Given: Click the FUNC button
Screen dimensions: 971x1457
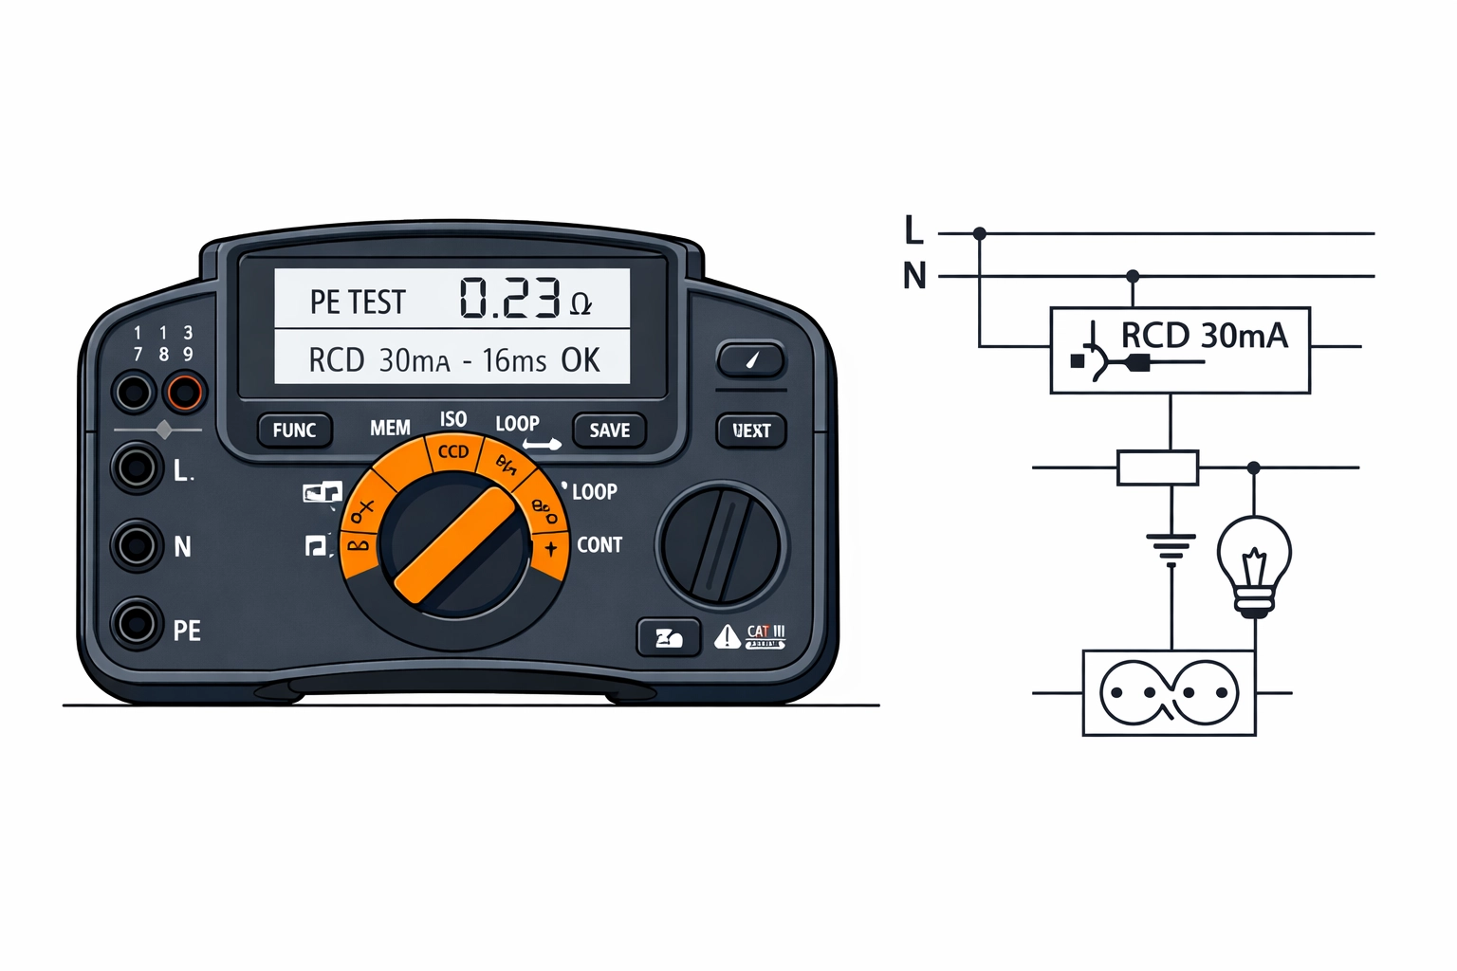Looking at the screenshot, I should [294, 431].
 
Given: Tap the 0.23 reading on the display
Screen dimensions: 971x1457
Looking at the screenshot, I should [509, 298].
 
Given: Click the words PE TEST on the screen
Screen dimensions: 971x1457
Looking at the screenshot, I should [358, 302].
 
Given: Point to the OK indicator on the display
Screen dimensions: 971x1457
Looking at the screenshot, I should [581, 360].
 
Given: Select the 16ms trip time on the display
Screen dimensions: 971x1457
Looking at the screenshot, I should [514, 361].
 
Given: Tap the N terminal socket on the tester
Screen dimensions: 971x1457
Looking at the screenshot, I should [136, 545].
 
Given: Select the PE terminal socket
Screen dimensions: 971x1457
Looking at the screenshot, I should [136, 624].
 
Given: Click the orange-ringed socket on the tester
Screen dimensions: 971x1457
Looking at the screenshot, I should [184, 392].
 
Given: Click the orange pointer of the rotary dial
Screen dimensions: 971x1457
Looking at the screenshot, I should [454, 545].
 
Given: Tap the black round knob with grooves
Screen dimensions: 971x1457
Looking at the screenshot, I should [721, 544].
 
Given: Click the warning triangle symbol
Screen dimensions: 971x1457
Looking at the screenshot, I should [727, 636].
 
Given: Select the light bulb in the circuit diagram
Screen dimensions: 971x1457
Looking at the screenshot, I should [1254, 563].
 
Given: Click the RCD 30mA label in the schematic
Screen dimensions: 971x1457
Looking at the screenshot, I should [1205, 336].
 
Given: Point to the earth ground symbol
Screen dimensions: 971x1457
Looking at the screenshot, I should [1171, 548].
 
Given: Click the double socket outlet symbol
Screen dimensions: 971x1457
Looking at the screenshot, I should [1169, 693].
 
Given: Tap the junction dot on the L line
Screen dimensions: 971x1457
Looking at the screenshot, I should [980, 233].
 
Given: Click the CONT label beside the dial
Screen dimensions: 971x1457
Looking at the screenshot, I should [599, 545].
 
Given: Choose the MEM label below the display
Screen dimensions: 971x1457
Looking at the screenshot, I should [390, 429].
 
